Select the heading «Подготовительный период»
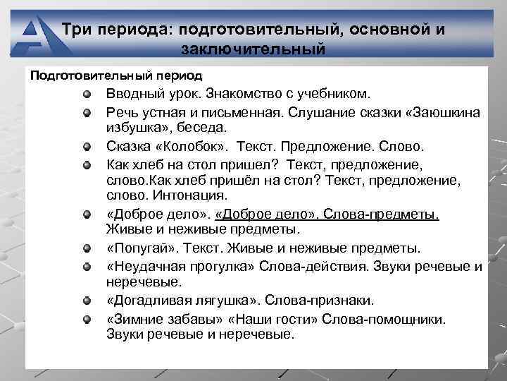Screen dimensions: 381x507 [115, 75]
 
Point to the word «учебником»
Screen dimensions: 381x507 [332, 94]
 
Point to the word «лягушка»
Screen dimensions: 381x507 [230, 300]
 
